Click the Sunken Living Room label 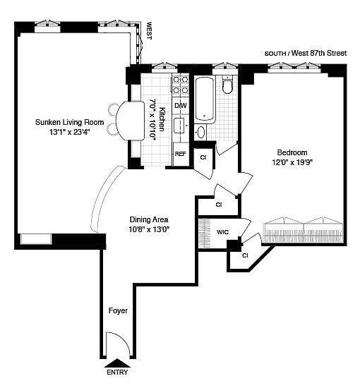(x=69, y=122)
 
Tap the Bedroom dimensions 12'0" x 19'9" (x=292, y=162)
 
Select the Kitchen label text (x=162, y=119)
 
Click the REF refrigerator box (x=181, y=154)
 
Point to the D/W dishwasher (x=181, y=106)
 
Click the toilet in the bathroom (x=227, y=85)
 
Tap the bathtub (x=204, y=99)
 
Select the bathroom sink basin (x=200, y=133)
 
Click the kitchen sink (x=179, y=126)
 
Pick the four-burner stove (x=181, y=85)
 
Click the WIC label (x=222, y=232)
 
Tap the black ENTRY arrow (x=117, y=363)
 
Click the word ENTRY (x=117, y=372)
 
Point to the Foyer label (x=118, y=310)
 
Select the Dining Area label (x=149, y=219)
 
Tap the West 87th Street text (x=319, y=53)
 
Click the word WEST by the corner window (x=149, y=30)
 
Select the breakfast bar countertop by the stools (x=131, y=121)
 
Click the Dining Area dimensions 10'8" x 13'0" (x=149, y=229)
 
